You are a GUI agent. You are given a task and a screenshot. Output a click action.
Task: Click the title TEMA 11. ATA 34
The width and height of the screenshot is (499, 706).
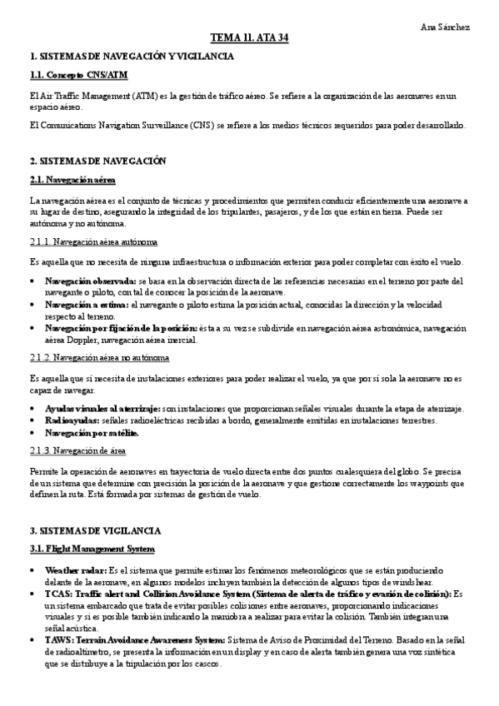pyautogui.click(x=249, y=38)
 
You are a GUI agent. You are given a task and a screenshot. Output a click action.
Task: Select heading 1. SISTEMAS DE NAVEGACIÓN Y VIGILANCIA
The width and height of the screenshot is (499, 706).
pyautogui.click(x=132, y=56)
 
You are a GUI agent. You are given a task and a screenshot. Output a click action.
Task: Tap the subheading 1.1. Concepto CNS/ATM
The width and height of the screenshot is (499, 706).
pyautogui.click(x=73, y=76)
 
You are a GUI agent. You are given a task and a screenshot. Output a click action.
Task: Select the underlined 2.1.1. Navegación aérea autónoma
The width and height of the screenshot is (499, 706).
pyautogui.click(x=92, y=242)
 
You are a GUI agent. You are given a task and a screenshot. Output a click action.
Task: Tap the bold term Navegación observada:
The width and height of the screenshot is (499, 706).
pyautogui.click(x=91, y=281)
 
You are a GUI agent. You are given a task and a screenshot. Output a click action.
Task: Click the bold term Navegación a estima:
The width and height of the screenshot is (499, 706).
pyautogui.click(x=86, y=306)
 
